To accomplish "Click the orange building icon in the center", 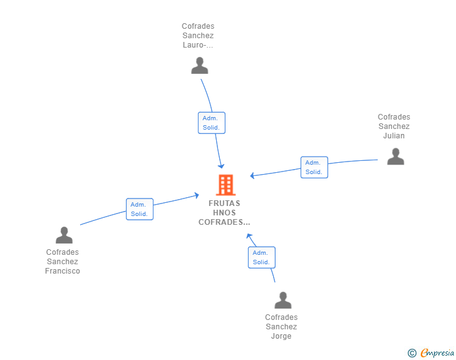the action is [x=225, y=185].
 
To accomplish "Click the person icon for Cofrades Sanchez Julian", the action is [x=395, y=157].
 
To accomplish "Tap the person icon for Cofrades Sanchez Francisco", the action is [x=64, y=235].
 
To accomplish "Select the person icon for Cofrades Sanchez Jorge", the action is [x=282, y=300].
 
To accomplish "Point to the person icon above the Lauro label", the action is [x=199, y=66].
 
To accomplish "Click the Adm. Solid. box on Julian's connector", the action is [x=314, y=167].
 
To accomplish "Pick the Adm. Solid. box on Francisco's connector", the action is [x=140, y=209].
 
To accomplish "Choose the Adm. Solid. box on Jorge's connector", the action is [x=262, y=257].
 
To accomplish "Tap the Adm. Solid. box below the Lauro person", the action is [x=212, y=123].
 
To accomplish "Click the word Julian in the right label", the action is [x=394, y=136].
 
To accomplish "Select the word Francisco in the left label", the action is [x=63, y=271].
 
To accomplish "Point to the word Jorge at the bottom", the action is [x=281, y=336].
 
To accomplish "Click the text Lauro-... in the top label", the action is [x=198, y=45].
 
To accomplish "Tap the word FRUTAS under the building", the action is [x=224, y=203].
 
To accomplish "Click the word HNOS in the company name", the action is [x=224, y=213].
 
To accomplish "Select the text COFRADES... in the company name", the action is [x=224, y=222].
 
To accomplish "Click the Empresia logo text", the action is [x=437, y=353].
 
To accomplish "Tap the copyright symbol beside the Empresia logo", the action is [x=412, y=353].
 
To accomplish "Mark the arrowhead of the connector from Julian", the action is [x=252, y=175].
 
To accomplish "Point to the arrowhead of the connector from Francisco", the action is [x=197, y=195].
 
